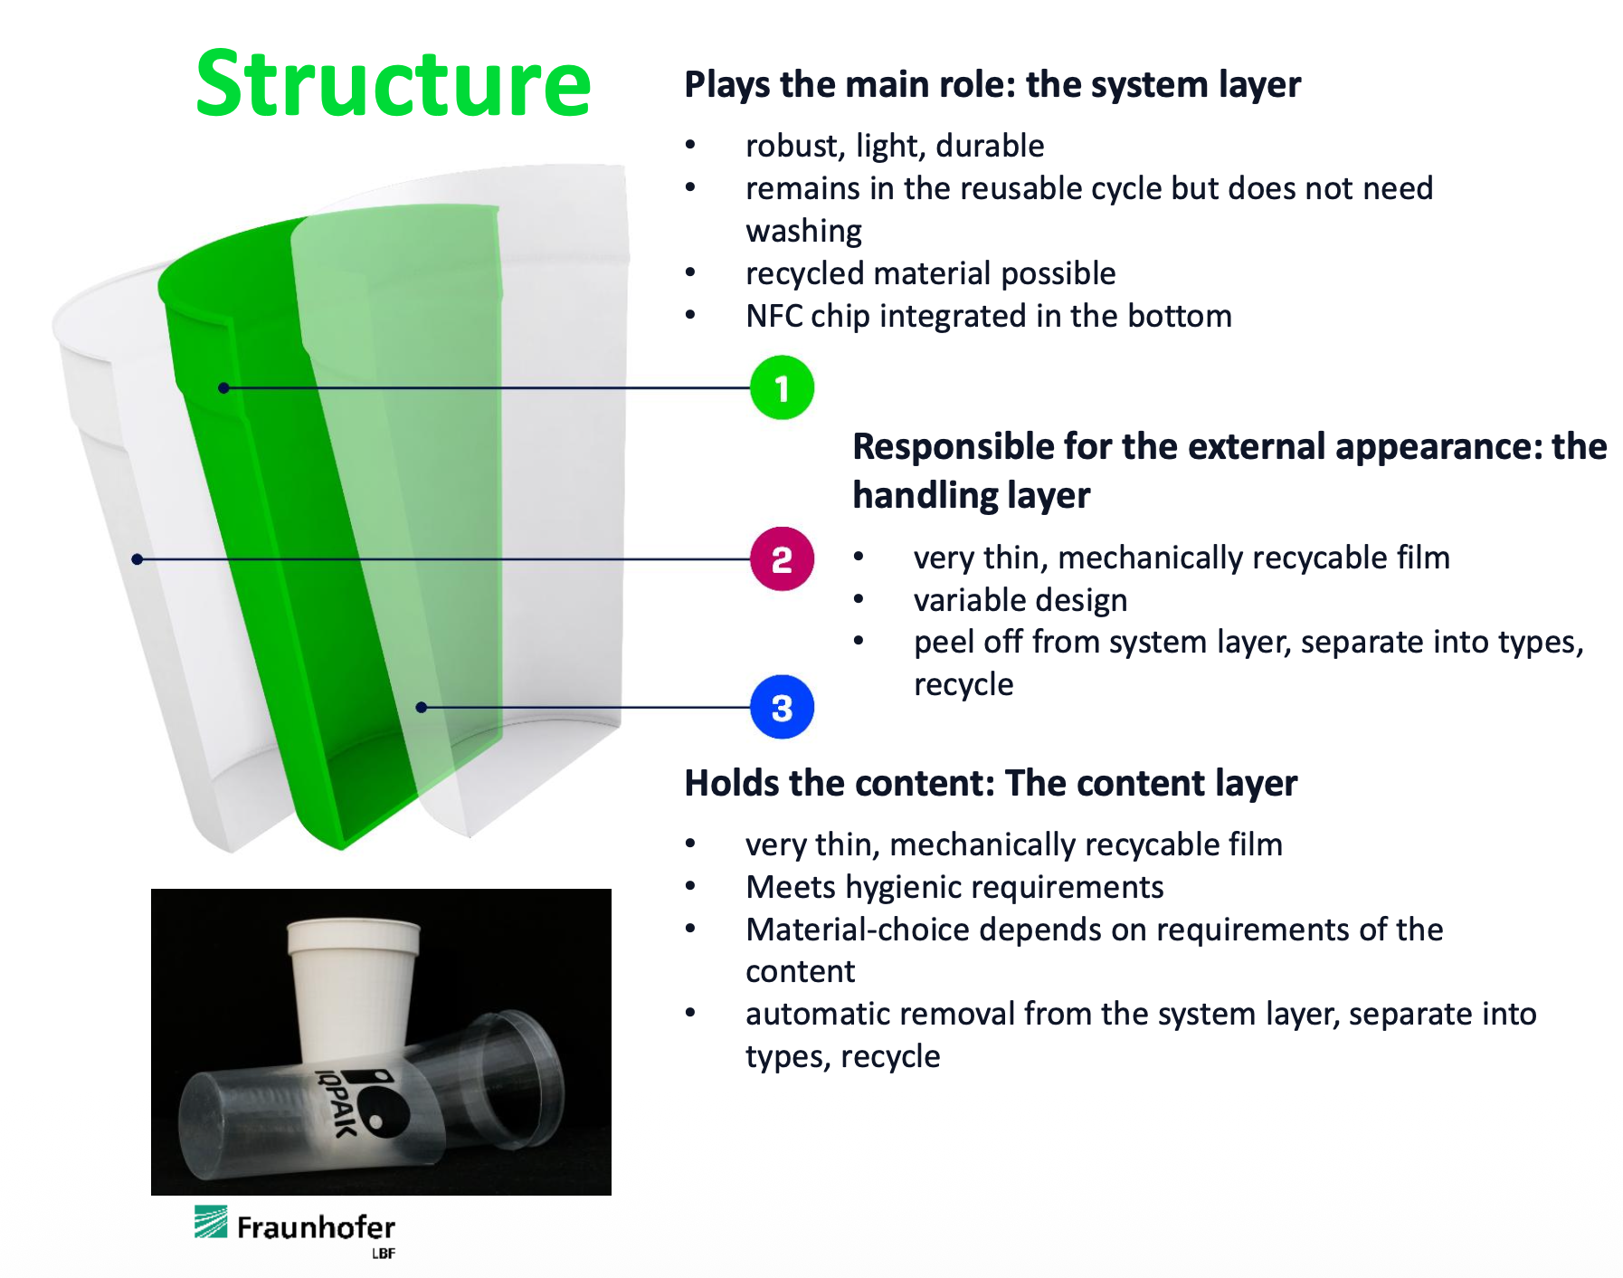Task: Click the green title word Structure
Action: [393, 84]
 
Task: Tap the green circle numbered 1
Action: [782, 388]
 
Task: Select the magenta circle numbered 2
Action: [782, 559]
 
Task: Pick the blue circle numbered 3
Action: [782, 707]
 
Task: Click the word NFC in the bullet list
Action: [774, 316]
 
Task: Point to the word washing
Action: [803, 232]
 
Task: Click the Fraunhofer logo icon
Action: [211, 1222]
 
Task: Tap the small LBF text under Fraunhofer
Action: [383, 1254]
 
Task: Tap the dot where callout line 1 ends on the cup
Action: [223, 388]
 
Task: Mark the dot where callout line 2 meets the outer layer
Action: [138, 559]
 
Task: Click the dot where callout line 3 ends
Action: [421, 707]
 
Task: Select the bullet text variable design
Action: [1020, 600]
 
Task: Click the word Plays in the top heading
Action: [726, 85]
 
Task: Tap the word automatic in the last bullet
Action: [813, 1014]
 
